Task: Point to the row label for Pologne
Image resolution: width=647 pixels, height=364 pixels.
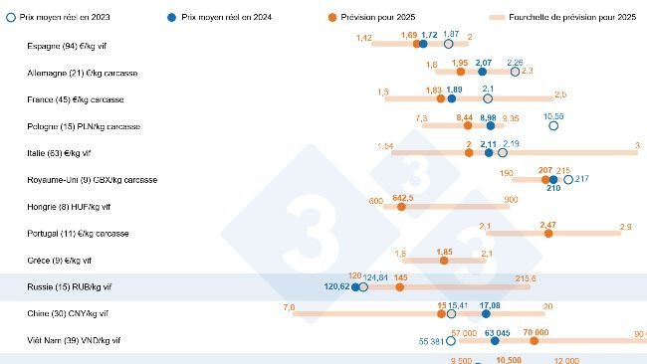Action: coord(84,126)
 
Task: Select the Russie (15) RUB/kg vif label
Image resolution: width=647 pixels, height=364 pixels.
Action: coord(69,286)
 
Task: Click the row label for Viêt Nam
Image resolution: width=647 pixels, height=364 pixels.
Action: coord(75,340)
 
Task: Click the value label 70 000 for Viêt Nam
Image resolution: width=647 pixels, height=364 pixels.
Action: coord(537,331)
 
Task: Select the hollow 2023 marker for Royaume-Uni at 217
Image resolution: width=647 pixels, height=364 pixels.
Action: coord(568,180)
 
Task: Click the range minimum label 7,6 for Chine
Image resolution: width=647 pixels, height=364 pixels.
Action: coord(289,306)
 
